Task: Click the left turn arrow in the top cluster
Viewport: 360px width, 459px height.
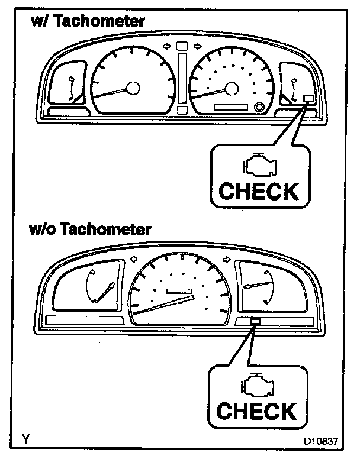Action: coord(166,46)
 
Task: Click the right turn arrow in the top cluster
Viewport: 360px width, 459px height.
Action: coord(198,46)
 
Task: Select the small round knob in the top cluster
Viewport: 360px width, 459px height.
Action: coord(259,107)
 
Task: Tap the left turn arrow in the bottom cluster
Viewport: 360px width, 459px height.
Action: coord(133,258)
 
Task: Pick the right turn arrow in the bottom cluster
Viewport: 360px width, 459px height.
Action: coord(226,258)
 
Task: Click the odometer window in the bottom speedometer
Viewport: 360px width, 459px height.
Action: coord(180,291)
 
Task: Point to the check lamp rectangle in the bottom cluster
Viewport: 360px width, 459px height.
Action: coord(255,320)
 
